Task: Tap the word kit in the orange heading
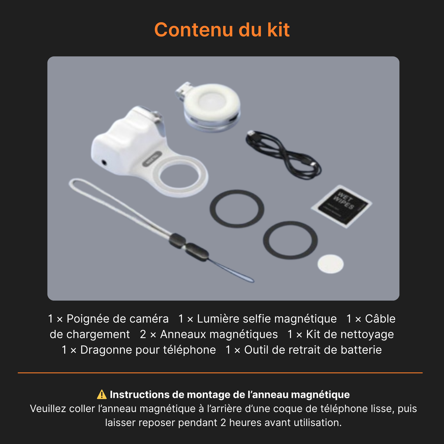278,30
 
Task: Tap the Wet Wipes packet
341,206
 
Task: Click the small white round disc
330,264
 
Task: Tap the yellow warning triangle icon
102,395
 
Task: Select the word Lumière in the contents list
218,319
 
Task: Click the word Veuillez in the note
48,409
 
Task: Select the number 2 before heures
223,423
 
